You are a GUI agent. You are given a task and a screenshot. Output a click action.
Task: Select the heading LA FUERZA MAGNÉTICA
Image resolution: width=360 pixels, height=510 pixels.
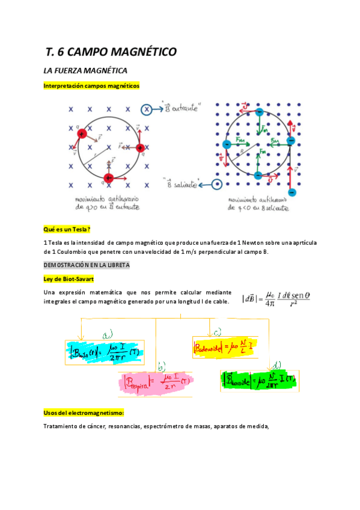pyautogui.click(x=85, y=71)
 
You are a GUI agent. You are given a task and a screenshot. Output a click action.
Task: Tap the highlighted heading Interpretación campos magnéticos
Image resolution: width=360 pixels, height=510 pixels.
pyautogui.click(x=91, y=86)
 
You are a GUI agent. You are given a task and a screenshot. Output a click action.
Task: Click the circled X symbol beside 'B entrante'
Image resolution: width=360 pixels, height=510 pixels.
pyautogui.click(x=147, y=109)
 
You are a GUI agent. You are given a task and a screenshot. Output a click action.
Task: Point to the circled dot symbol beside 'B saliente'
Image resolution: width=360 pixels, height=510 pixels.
pyautogui.click(x=217, y=185)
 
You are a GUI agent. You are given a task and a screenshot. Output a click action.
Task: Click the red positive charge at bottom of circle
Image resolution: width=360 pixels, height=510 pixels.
pyautogui.click(x=109, y=178)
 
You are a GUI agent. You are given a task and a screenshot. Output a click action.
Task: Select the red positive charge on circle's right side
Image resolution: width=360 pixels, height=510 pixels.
pyautogui.click(x=140, y=147)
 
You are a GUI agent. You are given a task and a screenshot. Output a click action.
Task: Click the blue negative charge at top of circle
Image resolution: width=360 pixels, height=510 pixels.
pyautogui.click(x=258, y=112)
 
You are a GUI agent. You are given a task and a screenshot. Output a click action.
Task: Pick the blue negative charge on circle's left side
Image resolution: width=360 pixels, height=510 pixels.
pyautogui.click(x=227, y=144)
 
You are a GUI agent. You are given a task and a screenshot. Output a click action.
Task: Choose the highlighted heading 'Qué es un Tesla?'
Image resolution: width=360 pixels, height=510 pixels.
pyautogui.click(x=67, y=229)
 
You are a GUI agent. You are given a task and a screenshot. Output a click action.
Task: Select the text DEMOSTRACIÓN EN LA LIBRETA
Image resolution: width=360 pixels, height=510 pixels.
pyautogui.click(x=87, y=265)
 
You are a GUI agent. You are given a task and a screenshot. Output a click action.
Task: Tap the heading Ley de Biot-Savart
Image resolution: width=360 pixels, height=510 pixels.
pyautogui.click(x=68, y=278)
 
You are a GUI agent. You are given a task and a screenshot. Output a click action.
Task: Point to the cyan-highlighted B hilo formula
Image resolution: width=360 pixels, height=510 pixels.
pyautogui.click(x=104, y=352)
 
